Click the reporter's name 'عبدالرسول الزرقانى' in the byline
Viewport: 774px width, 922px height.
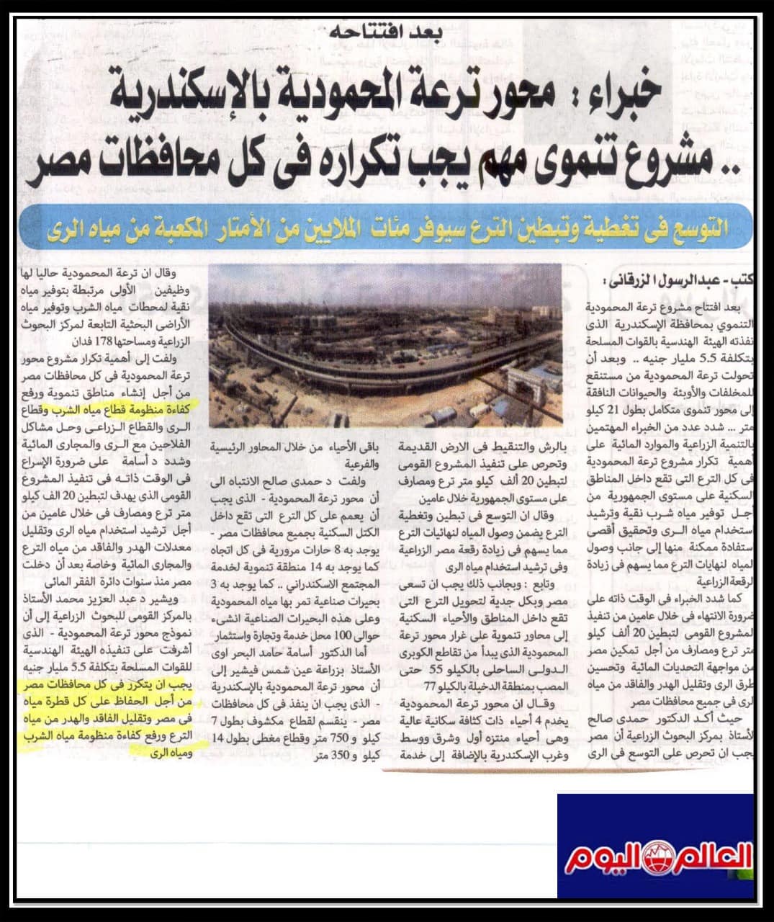[x=659, y=280]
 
